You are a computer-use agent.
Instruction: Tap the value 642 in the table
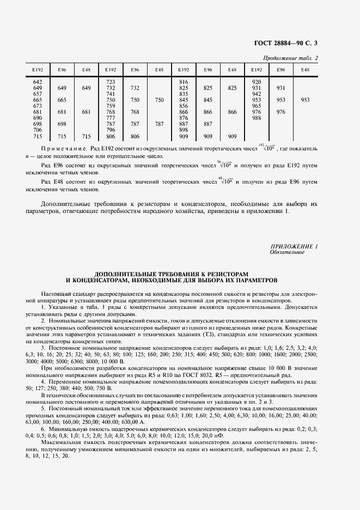point(38,82)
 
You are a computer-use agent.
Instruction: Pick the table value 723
point(111,82)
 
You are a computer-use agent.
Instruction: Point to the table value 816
point(184,82)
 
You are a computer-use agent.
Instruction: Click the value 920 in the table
point(257,82)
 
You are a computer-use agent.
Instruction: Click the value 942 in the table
point(257,94)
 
